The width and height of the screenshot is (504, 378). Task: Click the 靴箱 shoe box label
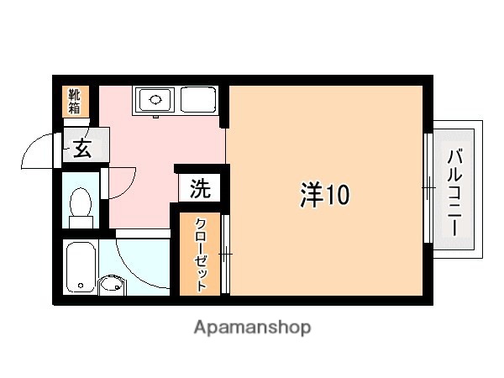tap(75, 101)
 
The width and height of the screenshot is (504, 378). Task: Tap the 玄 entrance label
tap(81, 149)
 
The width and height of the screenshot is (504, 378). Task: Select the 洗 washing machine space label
tap(199, 188)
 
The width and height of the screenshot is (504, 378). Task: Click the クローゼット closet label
tap(202, 255)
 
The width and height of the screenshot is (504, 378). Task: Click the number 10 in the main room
tap(337, 196)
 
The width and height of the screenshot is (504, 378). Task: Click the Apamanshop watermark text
tap(252, 326)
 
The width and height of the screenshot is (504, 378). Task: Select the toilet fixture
tap(81, 202)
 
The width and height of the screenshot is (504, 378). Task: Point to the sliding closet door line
tap(224, 253)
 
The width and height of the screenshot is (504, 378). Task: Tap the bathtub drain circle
tap(81, 286)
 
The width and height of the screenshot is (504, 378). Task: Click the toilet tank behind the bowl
tap(81, 222)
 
